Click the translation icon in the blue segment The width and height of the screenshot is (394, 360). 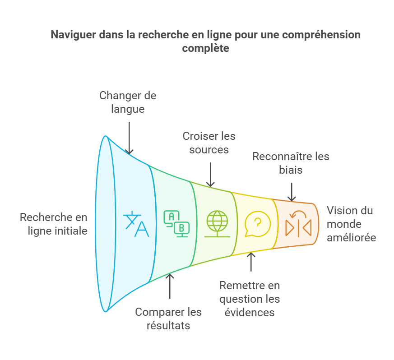click(136, 223)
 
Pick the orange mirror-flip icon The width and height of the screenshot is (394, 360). click(298, 224)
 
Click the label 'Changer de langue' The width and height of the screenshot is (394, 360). click(128, 102)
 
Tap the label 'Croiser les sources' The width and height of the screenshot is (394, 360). click(209, 142)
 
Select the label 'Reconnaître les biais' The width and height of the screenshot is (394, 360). click(291, 163)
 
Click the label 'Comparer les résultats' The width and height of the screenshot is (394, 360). click(168, 318)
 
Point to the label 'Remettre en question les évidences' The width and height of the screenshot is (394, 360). click(249, 299)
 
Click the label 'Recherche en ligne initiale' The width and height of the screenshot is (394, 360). click(53, 224)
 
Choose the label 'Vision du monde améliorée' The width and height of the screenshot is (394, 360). click(351, 224)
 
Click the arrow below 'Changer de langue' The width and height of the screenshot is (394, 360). click(130, 138)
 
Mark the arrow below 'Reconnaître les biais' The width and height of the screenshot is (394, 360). click(292, 192)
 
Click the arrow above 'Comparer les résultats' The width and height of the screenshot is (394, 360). click(170, 286)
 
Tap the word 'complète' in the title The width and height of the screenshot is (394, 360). click(205, 48)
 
